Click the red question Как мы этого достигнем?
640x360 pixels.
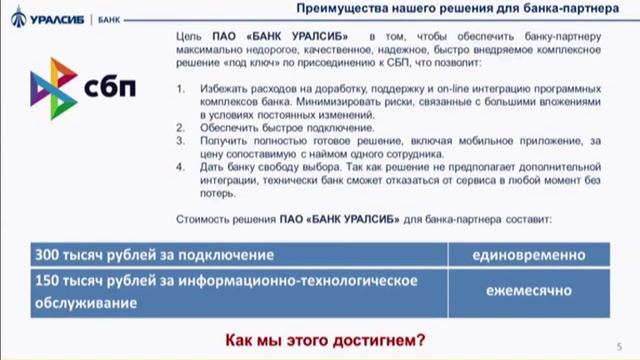click(322, 340)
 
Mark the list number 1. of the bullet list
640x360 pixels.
click(180, 89)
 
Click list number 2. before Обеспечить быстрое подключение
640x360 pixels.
click(180, 128)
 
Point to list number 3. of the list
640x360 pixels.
click(180, 141)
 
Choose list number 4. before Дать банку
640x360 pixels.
click(180, 167)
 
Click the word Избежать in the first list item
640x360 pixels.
click(219, 89)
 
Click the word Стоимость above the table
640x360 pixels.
click(201, 218)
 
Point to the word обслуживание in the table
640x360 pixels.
click(86, 300)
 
